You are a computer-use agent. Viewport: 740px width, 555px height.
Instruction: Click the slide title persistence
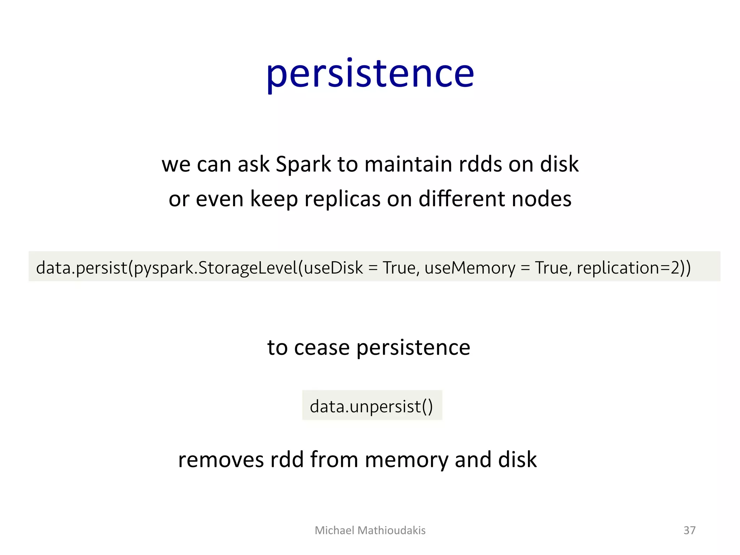click(x=370, y=74)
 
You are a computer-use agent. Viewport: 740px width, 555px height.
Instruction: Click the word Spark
click(x=303, y=164)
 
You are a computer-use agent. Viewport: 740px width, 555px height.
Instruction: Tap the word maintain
click(x=408, y=164)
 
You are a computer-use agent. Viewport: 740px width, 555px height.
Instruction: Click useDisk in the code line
click(x=333, y=268)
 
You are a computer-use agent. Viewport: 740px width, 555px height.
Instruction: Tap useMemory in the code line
click(x=470, y=268)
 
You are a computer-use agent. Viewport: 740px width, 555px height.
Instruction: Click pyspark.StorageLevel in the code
click(x=215, y=268)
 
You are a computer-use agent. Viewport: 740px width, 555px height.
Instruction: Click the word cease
click(x=322, y=348)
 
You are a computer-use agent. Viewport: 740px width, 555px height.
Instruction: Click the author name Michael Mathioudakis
click(x=370, y=530)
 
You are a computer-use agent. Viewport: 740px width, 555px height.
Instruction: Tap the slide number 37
click(x=689, y=530)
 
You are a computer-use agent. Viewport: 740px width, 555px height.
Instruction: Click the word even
click(x=219, y=199)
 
